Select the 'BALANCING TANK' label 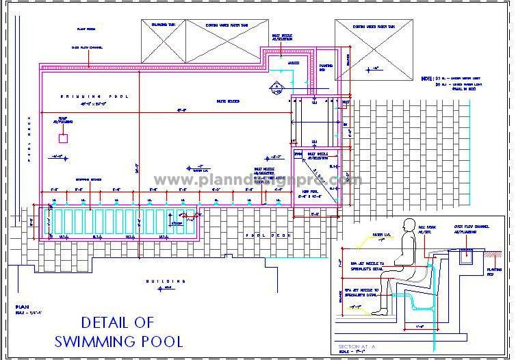[x=162, y=25]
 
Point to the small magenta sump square [x=64, y=138]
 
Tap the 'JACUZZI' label [x=293, y=62]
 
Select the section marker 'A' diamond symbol [x=277, y=88]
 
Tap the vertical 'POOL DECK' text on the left [x=29, y=136]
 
